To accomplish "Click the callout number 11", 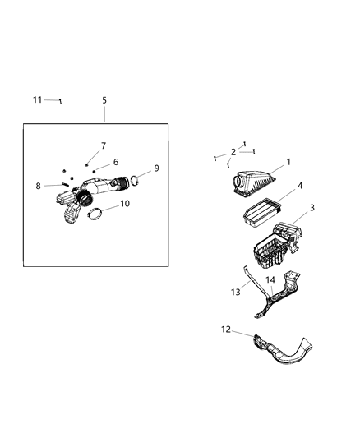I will point(37,99).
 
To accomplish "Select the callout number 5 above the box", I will point(104,100).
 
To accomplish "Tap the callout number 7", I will point(104,145).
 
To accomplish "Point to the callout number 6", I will point(116,162).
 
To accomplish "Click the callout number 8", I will point(38,187).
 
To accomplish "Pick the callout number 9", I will point(156,168).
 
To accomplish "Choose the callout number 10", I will point(125,203).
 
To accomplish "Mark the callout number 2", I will point(233,152).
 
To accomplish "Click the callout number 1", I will point(288,163).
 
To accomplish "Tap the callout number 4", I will point(300,187).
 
